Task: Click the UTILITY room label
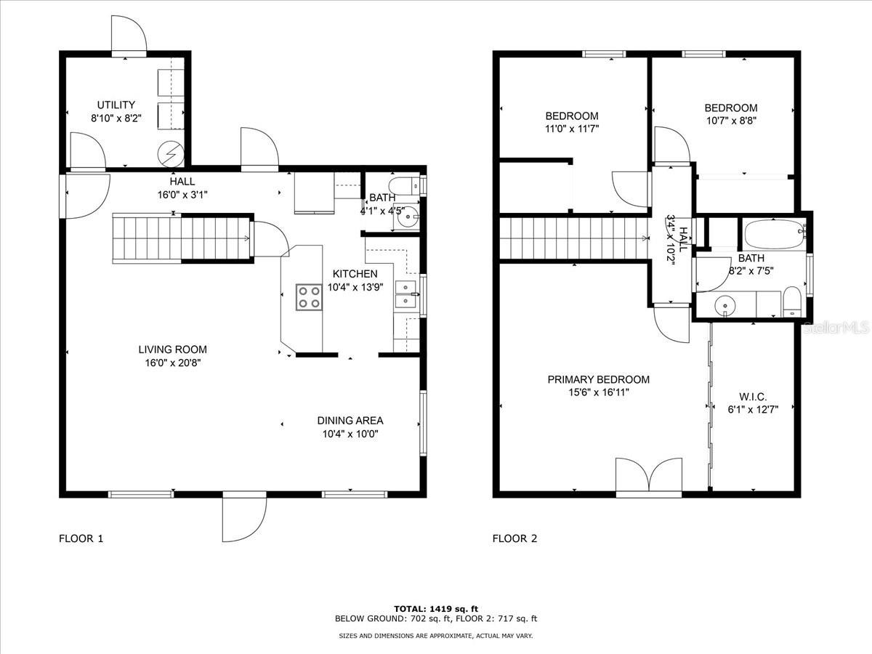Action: click(x=116, y=105)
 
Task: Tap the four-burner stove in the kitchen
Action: click(x=309, y=297)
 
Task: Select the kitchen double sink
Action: click(x=406, y=294)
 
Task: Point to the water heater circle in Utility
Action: click(x=171, y=154)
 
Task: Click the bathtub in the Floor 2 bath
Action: click(x=775, y=235)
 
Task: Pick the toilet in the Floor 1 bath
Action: click(x=404, y=186)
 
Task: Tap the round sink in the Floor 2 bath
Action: click(x=725, y=306)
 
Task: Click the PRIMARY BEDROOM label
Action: click(x=598, y=379)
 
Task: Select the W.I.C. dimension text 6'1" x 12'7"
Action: click(x=753, y=409)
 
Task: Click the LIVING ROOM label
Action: click(x=172, y=350)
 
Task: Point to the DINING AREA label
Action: click(x=350, y=421)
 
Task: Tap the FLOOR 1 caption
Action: click(x=81, y=538)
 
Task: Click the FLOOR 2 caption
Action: click(x=514, y=538)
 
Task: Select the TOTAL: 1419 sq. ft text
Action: click(x=436, y=609)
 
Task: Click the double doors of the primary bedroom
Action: click(x=649, y=477)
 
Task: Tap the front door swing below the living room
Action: click(x=244, y=517)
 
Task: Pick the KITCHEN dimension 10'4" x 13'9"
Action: click(x=355, y=287)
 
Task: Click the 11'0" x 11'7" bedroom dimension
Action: click(x=572, y=129)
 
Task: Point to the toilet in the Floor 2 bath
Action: click(x=792, y=302)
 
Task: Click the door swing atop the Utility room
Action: click(x=129, y=36)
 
